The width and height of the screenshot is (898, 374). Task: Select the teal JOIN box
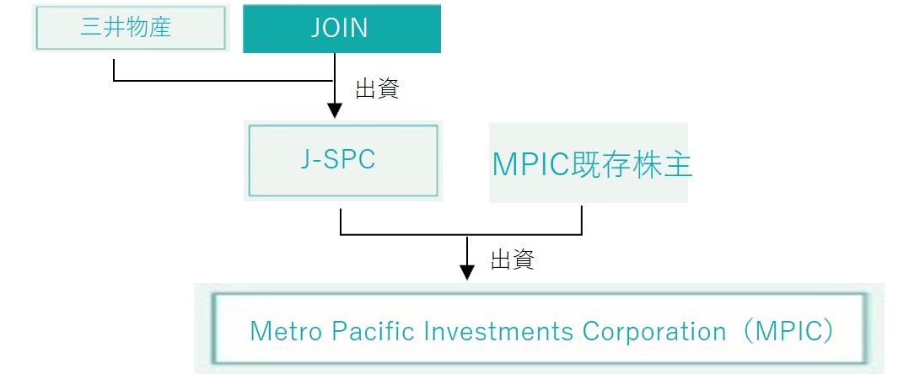tap(341, 29)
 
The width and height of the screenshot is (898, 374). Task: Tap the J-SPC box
tap(343, 161)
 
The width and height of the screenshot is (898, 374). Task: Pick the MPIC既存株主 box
tap(589, 163)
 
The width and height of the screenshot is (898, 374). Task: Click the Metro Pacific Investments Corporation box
tap(539, 329)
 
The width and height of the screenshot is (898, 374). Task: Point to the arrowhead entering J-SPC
tap(334, 111)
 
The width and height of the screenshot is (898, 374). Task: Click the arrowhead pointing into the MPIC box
tap(467, 273)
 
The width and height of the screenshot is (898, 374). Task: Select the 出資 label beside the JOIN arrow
tap(377, 89)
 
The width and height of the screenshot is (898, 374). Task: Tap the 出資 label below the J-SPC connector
tap(512, 259)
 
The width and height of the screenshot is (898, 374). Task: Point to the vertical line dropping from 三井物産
tap(114, 70)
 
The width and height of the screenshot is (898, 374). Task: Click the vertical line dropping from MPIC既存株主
tap(582, 220)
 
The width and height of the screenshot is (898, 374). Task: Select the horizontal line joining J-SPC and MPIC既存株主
tap(461, 234)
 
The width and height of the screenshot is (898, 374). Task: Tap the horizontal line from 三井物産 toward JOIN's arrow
tap(223, 81)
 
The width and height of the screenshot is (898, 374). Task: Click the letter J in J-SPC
tap(305, 160)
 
